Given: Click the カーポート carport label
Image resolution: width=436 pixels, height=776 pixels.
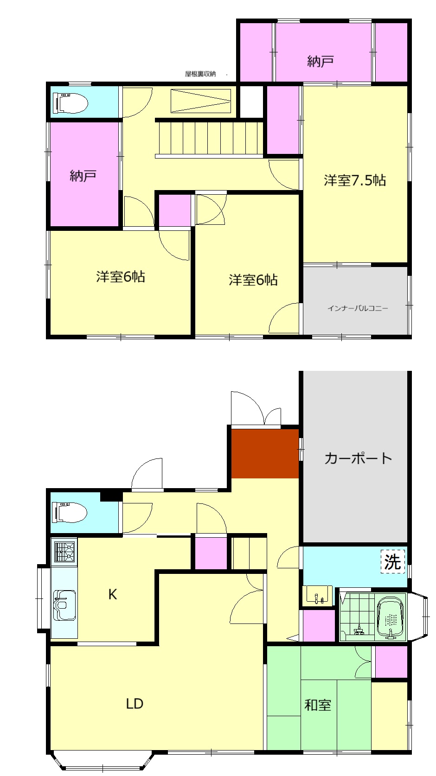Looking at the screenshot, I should [x=358, y=458].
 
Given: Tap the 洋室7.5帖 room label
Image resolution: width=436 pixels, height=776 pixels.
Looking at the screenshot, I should [x=355, y=180].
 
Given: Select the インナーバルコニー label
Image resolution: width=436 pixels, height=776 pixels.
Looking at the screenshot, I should [x=358, y=308].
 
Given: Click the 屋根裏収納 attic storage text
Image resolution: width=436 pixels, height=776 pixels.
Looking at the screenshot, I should [x=200, y=74].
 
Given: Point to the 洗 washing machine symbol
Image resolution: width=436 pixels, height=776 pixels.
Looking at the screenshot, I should [x=392, y=562].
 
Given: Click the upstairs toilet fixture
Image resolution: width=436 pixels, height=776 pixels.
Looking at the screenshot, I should [x=71, y=102].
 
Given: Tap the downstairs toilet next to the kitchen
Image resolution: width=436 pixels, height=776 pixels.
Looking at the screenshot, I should [x=71, y=513].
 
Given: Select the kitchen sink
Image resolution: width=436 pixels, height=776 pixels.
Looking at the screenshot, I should [x=64, y=604].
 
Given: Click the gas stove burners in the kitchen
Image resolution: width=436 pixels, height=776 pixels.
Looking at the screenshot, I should [x=64, y=551].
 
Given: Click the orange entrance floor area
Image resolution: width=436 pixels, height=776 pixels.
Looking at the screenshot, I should [x=265, y=453].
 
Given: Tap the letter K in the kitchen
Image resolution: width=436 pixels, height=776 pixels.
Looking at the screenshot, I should [x=112, y=594].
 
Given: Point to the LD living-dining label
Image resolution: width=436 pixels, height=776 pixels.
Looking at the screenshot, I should [x=135, y=704].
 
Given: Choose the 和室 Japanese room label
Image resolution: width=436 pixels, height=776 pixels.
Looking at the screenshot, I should [x=318, y=705].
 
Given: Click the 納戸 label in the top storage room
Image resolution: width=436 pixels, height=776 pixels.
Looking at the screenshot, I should [x=321, y=61].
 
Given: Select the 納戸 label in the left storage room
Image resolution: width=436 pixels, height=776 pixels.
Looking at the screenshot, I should [x=83, y=176].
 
